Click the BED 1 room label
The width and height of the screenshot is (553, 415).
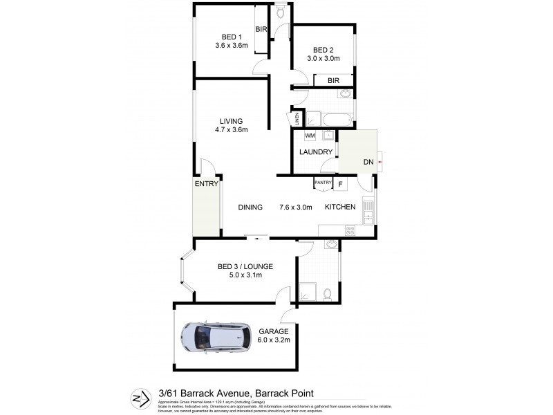(x=232, y=37)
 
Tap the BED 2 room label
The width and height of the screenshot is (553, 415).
(x=324, y=50)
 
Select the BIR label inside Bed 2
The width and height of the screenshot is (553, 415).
(x=333, y=80)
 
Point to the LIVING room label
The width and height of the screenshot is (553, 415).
(x=232, y=121)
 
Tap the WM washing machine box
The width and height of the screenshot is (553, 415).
(x=310, y=136)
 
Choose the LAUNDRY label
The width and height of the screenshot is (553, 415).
(x=317, y=152)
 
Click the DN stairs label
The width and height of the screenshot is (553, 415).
(x=368, y=162)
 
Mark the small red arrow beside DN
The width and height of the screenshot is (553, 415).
(x=379, y=162)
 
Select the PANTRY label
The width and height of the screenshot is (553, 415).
(x=323, y=183)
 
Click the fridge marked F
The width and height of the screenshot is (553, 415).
(x=339, y=184)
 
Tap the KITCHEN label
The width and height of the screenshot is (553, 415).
(x=340, y=207)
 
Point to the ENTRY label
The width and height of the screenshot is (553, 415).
(x=206, y=184)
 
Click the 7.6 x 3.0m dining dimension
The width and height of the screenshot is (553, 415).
(x=296, y=207)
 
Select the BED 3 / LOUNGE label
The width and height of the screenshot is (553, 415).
(x=245, y=266)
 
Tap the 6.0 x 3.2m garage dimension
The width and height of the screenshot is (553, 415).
(x=274, y=340)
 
